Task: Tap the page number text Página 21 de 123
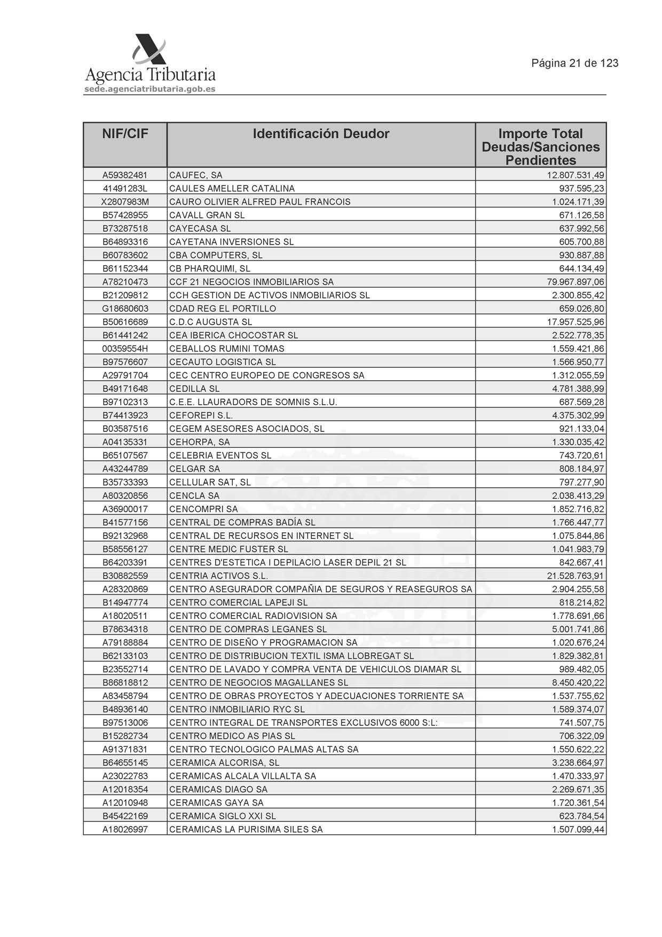tap(574, 63)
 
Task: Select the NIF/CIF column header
tap(125, 133)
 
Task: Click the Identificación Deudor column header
tap(321, 133)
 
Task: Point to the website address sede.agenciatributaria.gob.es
tap(150, 89)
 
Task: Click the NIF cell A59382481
tap(125, 175)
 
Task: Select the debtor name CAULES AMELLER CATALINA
tap(232, 188)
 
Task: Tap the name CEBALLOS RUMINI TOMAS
tap(227, 349)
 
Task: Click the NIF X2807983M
tap(125, 202)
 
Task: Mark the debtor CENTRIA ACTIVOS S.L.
tap(218, 576)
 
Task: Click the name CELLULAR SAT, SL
tap(210, 482)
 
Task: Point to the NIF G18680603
tap(125, 309)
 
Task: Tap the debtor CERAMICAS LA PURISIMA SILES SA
tap(246, 829)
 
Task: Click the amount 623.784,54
tap(582, 816)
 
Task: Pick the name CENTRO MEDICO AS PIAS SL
tap(232, 736)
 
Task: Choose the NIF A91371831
tap(125, 749)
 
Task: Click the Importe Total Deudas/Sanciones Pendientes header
tap(540, 146)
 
